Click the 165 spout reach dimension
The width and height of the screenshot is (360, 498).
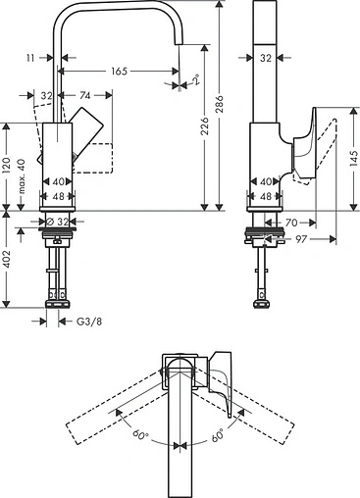tap(120, 72)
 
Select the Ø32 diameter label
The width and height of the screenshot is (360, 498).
tap(60, 222)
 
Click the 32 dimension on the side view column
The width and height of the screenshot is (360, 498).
tap(265, 59)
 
